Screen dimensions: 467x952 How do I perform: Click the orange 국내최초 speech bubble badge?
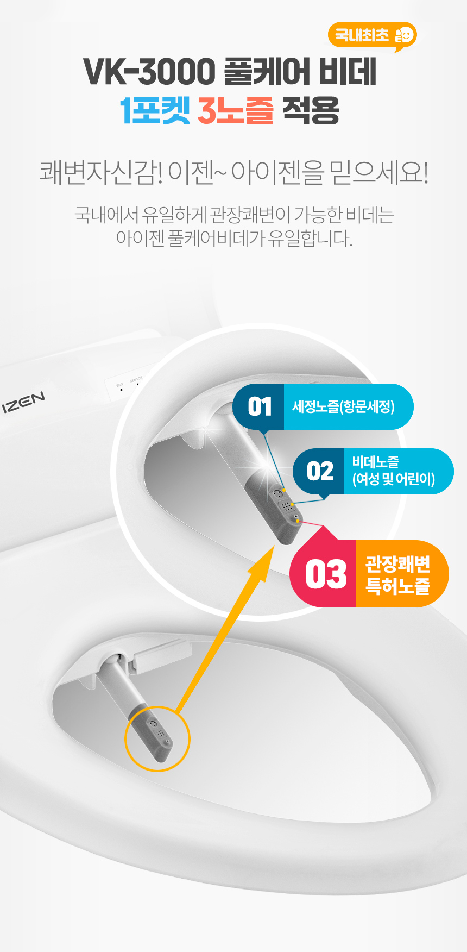tap(372, 36)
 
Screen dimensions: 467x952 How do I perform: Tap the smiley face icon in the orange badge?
tap(404, 35)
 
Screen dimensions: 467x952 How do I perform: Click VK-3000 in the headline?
tap(150, 72)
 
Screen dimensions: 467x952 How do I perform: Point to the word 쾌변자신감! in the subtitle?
tap(101, 173)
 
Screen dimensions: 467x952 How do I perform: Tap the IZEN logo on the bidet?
tap(24, 403)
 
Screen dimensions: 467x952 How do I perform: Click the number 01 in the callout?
tap(260, 406)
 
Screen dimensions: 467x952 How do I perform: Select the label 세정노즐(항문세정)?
tap(343, 406)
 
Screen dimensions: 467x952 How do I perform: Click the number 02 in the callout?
tap(320, 471)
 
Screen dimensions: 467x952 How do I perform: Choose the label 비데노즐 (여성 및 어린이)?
tap(393, 471)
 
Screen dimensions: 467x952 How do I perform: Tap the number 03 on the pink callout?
tap(326, 574)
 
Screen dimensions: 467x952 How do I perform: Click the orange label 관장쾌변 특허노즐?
tap(398, 575)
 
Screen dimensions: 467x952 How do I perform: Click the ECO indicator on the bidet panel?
tap(120, 387)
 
